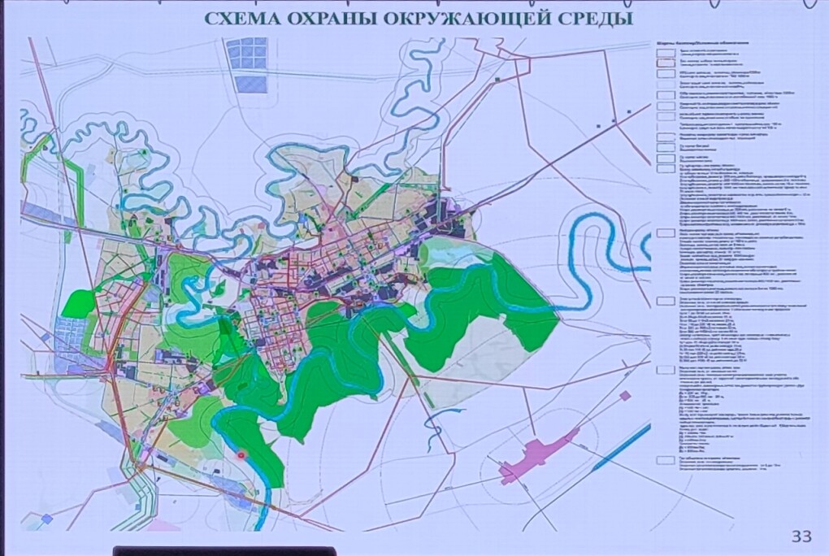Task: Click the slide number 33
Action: [801, 536]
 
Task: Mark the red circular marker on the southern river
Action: [241, 455]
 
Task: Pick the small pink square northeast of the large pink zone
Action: [625, 396]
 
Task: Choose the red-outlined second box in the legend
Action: [663, 62]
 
